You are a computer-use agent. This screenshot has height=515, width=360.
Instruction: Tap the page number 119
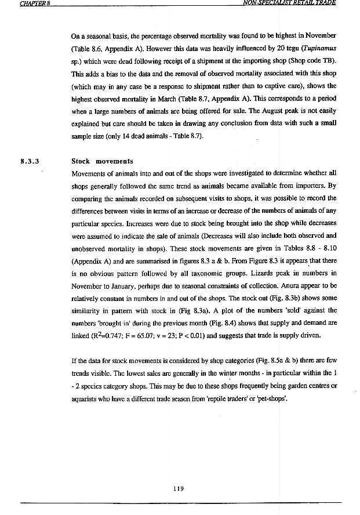click(x=179, y=488)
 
